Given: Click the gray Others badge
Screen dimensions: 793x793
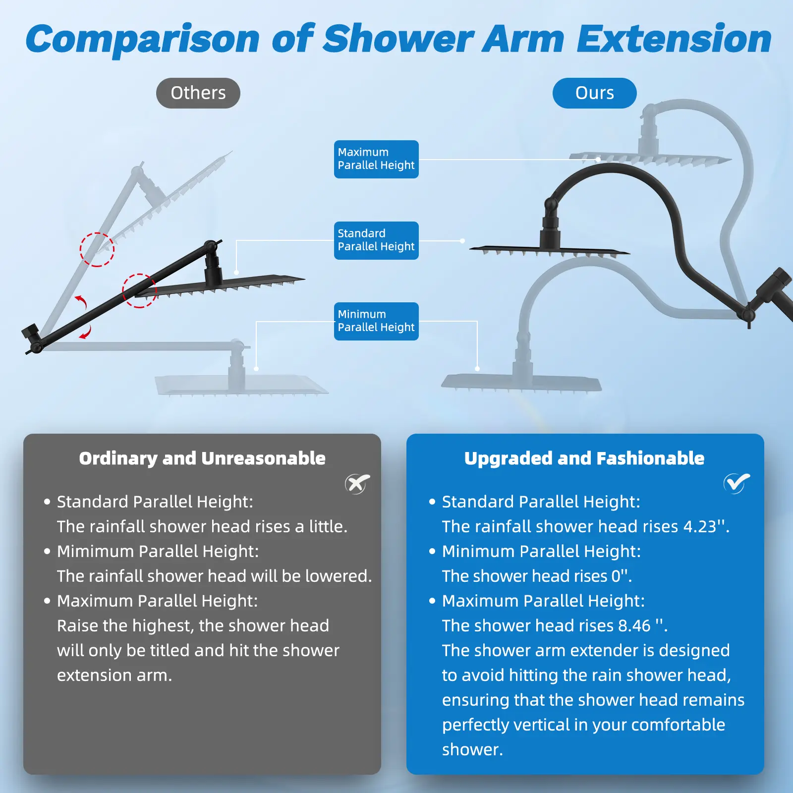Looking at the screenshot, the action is tap(198, 93).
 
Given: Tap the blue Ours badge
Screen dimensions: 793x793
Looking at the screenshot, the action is tap(594, 93).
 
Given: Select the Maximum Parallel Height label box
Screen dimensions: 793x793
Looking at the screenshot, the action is tap(376, 159).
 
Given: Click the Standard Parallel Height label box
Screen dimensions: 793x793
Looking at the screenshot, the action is tap(376, 240).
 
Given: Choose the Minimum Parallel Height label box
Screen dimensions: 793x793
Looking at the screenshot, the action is tap(376, 321).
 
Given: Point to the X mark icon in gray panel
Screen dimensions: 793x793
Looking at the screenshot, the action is tap(357, 484).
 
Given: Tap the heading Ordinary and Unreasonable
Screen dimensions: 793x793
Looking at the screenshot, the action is tap(202, 458).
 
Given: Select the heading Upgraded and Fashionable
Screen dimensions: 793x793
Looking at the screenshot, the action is tap(584, 458).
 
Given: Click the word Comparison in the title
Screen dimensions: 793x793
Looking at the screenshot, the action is tap(142, 40).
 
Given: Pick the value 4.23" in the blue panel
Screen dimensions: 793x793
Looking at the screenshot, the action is tap(706, 526).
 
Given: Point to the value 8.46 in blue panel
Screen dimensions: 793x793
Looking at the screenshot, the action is tap(634, 625).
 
